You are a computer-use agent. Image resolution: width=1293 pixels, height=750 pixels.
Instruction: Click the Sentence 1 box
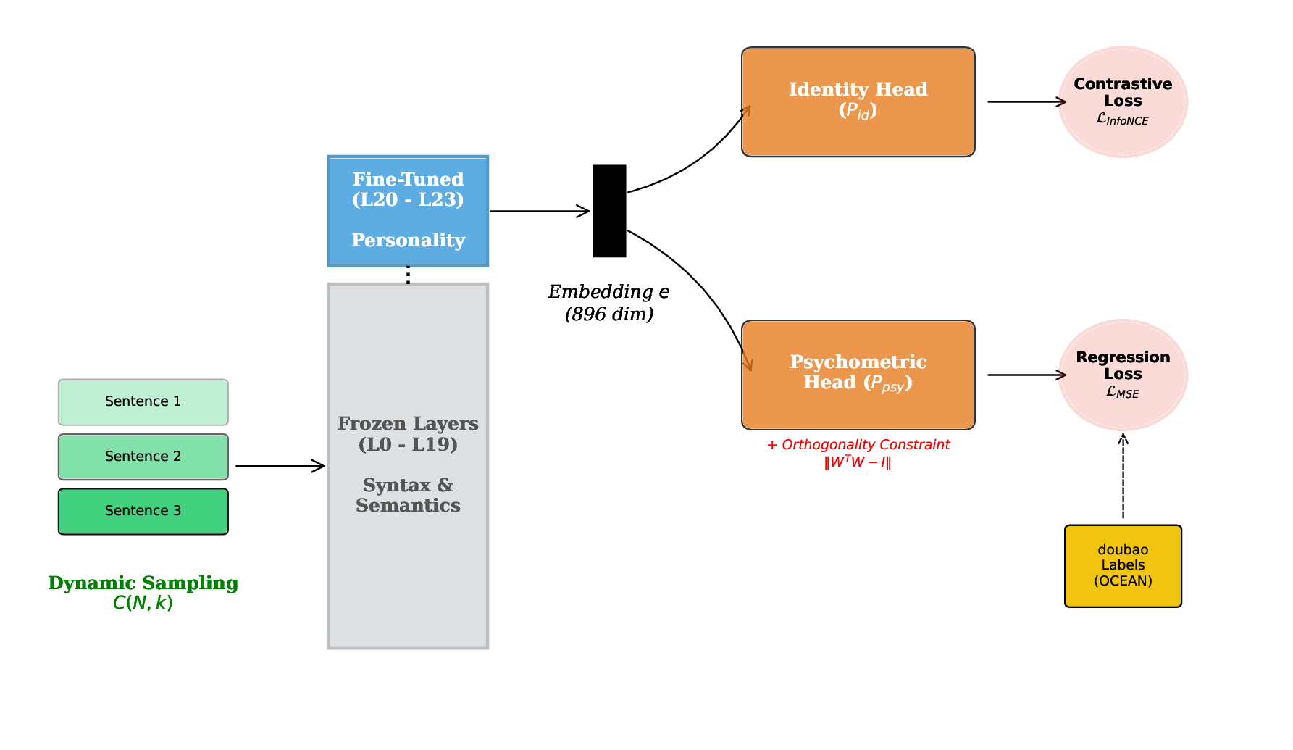[143, 402]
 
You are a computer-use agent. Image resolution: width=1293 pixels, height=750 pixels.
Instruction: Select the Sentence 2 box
[143, 457]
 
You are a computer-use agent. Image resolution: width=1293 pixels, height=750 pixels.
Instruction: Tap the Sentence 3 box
[143, 512]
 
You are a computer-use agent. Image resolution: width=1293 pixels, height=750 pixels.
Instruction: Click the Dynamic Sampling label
[143, 583]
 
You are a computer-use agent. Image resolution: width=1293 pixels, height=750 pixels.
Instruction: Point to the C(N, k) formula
[143, 603]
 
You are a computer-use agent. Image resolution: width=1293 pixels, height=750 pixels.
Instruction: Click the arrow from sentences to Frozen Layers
[279, 466]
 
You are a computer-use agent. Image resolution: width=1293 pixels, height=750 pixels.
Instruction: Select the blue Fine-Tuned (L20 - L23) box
[408, 211]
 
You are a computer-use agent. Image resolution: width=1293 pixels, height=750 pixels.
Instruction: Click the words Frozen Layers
[408, 424]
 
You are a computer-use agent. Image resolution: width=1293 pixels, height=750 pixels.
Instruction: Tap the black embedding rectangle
[609, 211]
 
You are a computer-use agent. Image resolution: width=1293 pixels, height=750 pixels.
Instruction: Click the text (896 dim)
[609, 314]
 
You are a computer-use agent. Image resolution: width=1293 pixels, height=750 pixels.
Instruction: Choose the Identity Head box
[858, 102]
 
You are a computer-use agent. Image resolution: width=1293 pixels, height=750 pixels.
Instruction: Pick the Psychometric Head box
[858, 375]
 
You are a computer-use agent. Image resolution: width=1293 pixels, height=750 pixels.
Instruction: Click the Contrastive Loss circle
[1123, 102]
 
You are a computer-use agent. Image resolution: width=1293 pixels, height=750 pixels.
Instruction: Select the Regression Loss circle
[1123, 375]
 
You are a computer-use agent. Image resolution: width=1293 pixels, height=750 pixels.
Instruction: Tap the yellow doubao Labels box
[1123, 566]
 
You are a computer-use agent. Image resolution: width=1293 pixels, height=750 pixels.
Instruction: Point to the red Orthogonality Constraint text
[858, 445]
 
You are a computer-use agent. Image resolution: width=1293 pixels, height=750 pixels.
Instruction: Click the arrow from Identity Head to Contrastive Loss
[1026, 102]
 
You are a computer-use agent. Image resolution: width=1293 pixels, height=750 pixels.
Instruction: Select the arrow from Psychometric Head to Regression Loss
[1026, 375]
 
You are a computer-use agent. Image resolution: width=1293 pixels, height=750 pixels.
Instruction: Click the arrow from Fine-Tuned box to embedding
[539, 211]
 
